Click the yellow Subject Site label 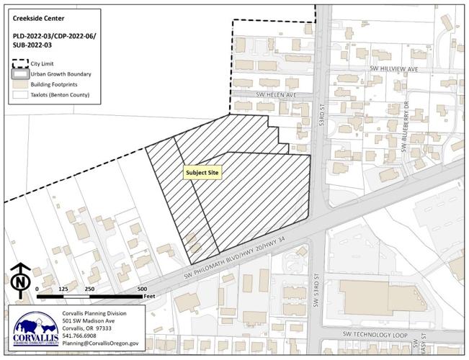(x=202, y=173)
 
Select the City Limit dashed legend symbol (x=22, y=63)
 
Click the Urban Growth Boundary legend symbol (x=22, y=73)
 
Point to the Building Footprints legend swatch (x=22, y=84)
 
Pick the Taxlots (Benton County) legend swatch (x=22, y=94)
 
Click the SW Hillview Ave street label (x=393, y=68)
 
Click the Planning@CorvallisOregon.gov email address (x=100, y=344)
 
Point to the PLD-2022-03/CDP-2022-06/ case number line (x=51, y=35)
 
